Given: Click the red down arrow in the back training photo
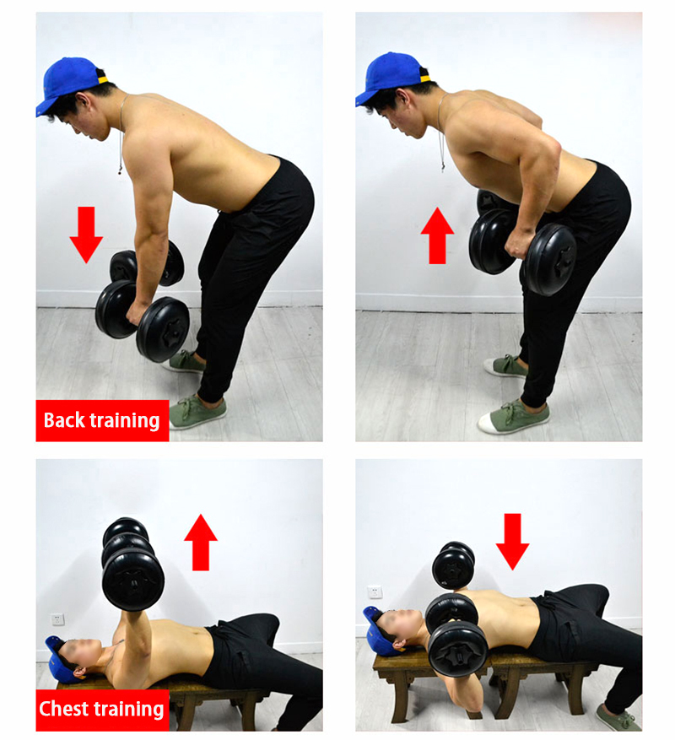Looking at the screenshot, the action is tap(86, 234).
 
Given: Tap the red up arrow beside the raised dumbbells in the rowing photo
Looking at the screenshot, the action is tap(438, 235).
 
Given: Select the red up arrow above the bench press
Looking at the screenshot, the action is tap(201, 542).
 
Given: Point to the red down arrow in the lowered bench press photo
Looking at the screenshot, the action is tap(513, 542).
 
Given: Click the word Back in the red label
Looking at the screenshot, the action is tap(64, 420).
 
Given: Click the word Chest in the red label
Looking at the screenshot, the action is tap(61, 709).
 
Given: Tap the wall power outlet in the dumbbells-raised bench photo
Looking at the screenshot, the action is tap(57, 618).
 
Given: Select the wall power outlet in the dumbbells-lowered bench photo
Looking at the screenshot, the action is tap(375, 591).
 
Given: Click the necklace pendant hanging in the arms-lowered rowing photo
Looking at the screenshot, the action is tap(120, 169).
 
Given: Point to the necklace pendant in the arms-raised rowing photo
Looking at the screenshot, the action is tap(443, 165).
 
